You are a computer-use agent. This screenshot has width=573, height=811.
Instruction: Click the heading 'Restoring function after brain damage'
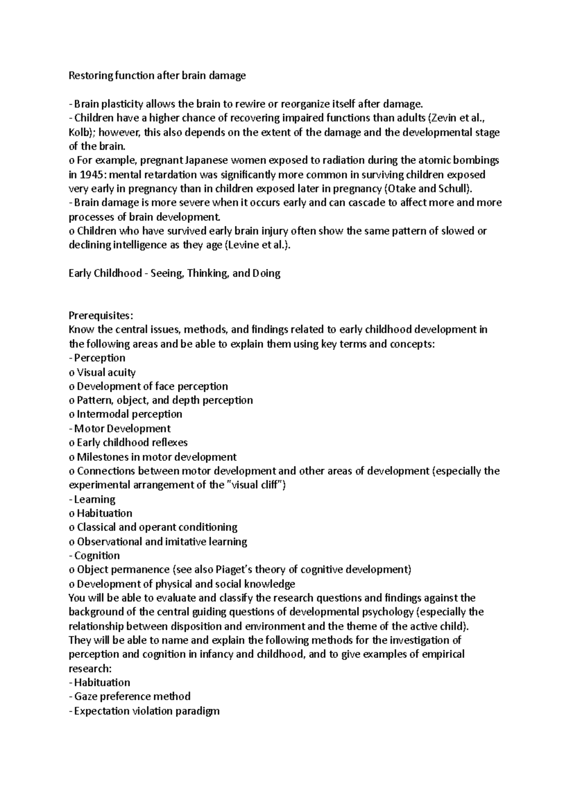click(157, 75)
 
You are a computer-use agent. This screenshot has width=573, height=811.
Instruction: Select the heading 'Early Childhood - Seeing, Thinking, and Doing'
click(174, 273)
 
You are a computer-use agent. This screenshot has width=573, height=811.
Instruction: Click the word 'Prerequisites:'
click(102, 316)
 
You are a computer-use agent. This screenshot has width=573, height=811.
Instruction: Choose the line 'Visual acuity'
click(106, 372)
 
